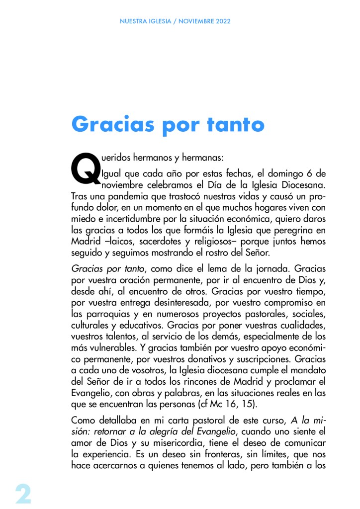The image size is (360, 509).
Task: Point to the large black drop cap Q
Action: [x=85, y=168]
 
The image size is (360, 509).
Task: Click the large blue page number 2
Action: [x=23, y=494]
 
